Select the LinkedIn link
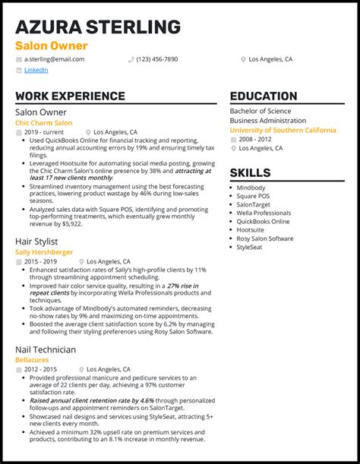[x=36, y=70]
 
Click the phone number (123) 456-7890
[x=157, y=58]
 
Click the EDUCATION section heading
[x=263, y=96]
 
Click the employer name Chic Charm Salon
[x=44, y=122]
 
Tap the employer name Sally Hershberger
[x=44, y=251]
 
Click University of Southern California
[x=283, y=130]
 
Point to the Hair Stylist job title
[x=36, y=241]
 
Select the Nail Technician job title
[x=46, y=349]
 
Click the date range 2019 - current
[x=45, y=131]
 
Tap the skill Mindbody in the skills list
[x=251, y=188]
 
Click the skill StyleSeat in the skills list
[x=251, y=247]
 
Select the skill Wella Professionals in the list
[x=264, y=213]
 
